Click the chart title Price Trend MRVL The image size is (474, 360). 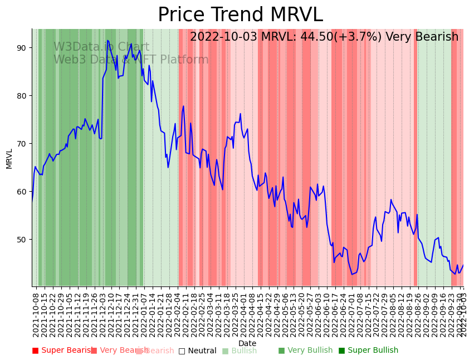tap(240, 15)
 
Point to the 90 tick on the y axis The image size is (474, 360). tap(21, 48)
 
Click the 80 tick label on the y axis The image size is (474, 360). tap(21, 96)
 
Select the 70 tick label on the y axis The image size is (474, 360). tap(21, 144)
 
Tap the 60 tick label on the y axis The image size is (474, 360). tap(21, 192)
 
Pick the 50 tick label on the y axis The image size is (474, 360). tap(21, 240)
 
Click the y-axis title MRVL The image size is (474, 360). tap(9, 158)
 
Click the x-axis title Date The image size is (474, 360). tap(247, 344)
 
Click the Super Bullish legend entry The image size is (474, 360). tap(368, 351)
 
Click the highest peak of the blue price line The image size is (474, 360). tap(107, 41)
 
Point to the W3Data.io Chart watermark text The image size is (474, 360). tap(101, 47)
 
